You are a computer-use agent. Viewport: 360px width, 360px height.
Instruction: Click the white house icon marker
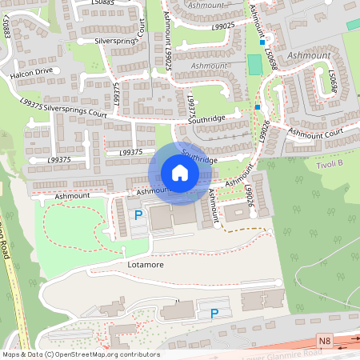(179, 173)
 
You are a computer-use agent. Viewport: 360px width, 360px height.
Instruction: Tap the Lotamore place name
(146, 262)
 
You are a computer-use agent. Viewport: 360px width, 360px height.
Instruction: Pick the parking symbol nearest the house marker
(138, 214)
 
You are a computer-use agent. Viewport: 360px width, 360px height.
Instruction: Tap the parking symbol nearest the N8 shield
(214, 314)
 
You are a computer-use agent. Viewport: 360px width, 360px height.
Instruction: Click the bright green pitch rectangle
(255, 64)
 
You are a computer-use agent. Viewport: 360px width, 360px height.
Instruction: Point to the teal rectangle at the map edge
(353, 25)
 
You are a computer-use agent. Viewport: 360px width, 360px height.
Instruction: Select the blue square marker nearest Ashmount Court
(258, 106)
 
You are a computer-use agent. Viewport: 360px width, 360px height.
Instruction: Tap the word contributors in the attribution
(138, 354)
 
